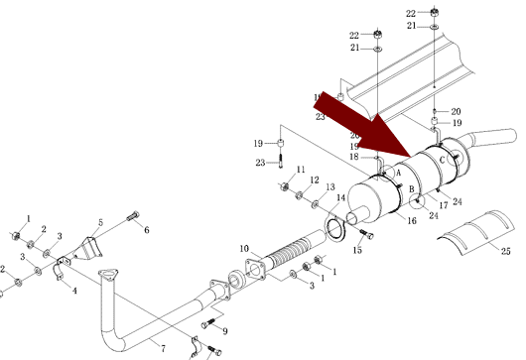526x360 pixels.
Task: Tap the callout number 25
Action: [x=506, y=251]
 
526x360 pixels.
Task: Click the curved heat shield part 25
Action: [x=476, y=232]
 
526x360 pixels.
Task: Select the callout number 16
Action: [x=412, y=220]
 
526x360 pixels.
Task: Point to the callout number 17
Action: [x=444, y=205]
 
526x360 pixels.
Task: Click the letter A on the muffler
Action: [x=399, y=173]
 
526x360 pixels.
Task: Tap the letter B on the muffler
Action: [x=412, y=189]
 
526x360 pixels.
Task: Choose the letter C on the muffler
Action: [x=442, y=161]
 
